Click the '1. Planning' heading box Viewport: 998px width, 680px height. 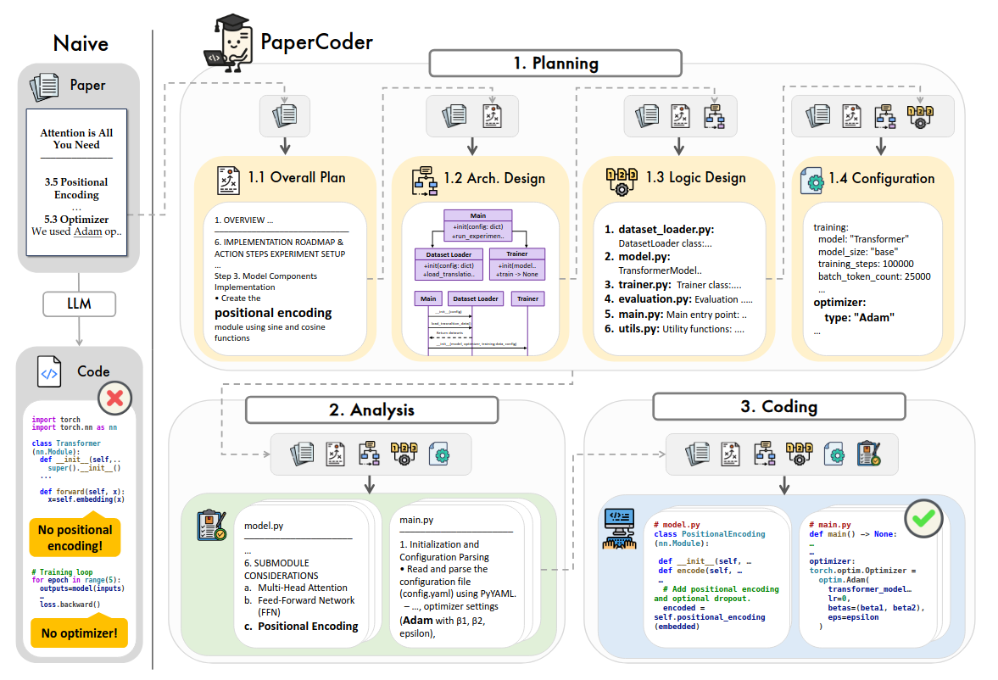[555, 64]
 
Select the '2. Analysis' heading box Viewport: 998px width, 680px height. [371, 410]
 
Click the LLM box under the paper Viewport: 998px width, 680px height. [79, 303]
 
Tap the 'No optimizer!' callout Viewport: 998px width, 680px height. [78, 633]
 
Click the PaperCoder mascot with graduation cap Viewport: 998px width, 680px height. [226, 43]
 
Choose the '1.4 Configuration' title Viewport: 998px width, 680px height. [882, 179]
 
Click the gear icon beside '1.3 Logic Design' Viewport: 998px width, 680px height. [621, 178]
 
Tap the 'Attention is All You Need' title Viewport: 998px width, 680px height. [76, 138]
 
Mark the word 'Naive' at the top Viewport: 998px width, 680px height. [81, 42]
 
